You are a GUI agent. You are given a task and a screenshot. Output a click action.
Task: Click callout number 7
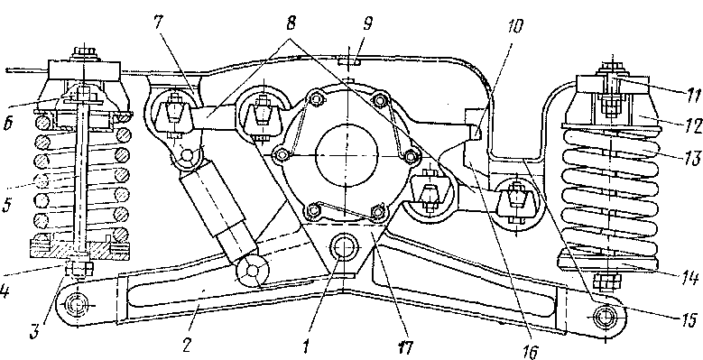point(160,23)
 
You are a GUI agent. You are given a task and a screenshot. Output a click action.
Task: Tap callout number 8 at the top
point(292,24)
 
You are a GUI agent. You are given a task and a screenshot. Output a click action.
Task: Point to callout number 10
point(515,26)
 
